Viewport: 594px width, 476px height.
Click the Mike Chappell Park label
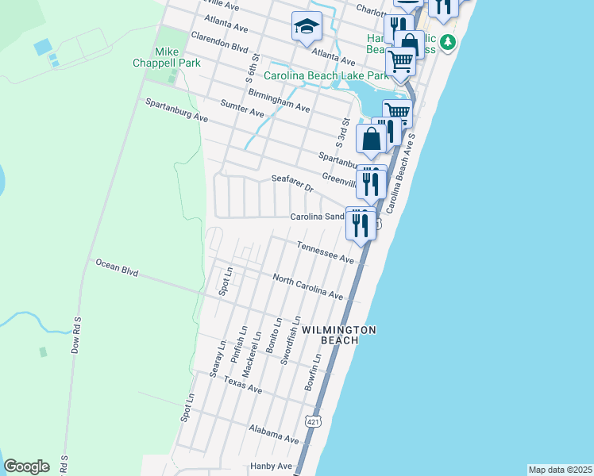[x=177, y=57]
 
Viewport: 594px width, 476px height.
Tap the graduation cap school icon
[x=306, y=28]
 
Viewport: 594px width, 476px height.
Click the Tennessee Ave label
[x=325, y=252]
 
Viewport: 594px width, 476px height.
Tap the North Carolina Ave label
[x=308, y=286]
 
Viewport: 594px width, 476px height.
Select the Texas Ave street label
[x=242, y=385]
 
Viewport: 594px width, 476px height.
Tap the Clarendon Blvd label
[x=220, y=41]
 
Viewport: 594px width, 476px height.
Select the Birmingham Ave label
[x=278, y=100]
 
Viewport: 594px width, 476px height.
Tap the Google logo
[x=26, y=466]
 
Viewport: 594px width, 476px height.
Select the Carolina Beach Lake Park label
[x=326, y=76]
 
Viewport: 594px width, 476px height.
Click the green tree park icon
[x=449, y=41]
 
